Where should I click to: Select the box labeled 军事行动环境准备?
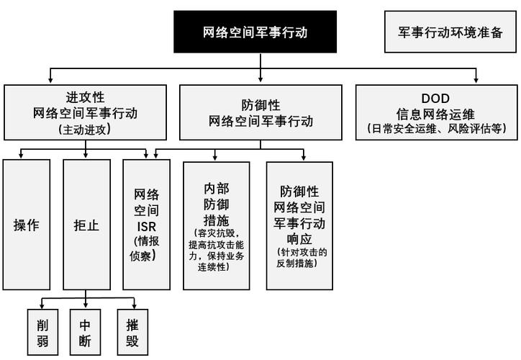(x=450, y=32)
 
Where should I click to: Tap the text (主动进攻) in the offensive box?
(x=86, y=130)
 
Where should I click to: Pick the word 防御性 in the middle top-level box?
(x=260, y=103)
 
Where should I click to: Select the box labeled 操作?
(x=27, y=225)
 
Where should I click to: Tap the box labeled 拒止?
(x=86, y=225)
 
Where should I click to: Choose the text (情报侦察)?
(x=146, y=248)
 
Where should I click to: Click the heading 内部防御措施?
(x=217, y=204)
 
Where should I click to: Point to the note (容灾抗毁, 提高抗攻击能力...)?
(x=217, y=250)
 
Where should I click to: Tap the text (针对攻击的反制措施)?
(x=299, y=258)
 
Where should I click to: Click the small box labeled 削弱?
(x=42, y=331)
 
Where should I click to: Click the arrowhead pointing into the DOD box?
(x=475, y=80)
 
